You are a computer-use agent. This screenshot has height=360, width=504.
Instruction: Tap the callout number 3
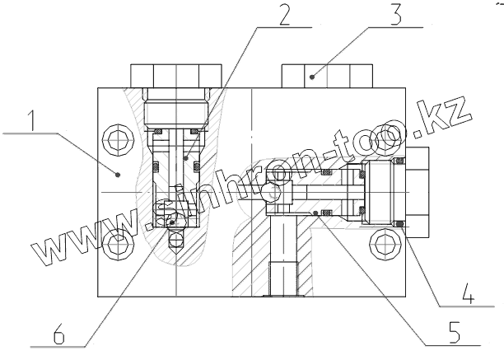pos(396,16)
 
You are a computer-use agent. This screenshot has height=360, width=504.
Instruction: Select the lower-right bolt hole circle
pos(384,242)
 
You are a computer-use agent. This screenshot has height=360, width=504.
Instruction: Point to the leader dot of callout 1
pos(119,174)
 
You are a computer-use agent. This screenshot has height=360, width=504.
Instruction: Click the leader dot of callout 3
pos(313,76)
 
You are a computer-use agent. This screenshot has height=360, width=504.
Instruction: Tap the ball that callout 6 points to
pos(171,221)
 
